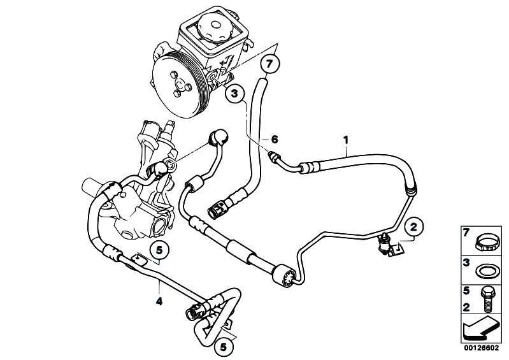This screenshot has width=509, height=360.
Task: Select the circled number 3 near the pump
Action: [234, 94]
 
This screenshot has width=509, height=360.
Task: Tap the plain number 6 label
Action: [275, 139]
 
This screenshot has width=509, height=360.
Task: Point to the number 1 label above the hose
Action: [346, 138]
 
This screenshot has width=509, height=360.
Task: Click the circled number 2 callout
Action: [413, 226]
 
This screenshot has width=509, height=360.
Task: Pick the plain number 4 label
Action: [159, 302]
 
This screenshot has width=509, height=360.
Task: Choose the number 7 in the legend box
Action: [466, 233]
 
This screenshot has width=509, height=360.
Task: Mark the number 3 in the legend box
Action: [466, 263]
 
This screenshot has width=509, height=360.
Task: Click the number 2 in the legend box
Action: [466, 306]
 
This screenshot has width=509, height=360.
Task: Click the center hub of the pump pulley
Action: [182, 83]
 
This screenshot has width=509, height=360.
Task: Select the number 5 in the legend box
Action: [466, 292]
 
